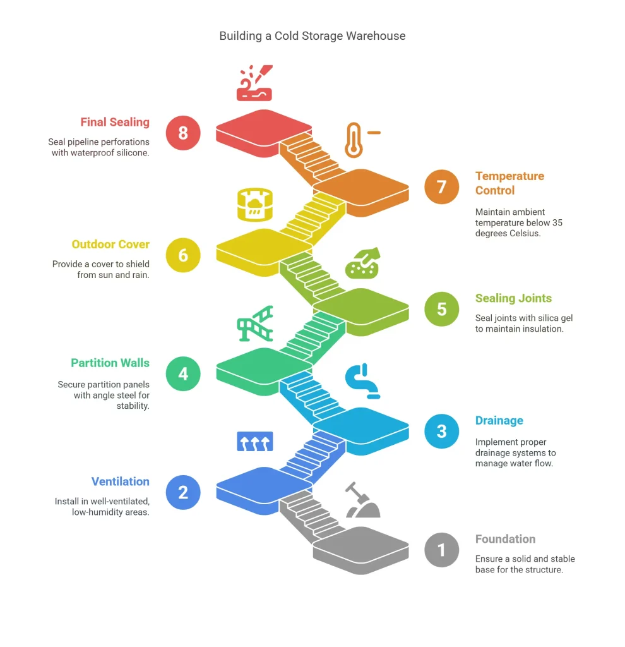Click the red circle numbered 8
pos(183,133)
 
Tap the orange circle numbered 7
pos(441,187)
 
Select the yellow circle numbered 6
pos(183,255)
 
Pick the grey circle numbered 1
pos(441,550)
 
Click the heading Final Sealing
pos(115,123)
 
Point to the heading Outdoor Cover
pos(110,245)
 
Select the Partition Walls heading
pos(110,363)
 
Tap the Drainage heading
pos(499,421)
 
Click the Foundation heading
pos(505,539)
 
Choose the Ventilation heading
pos(120,481)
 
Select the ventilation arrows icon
pos(254,441)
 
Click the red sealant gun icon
pos(254,83)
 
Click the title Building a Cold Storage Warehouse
pos(312,36)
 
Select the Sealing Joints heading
pos(513,298)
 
